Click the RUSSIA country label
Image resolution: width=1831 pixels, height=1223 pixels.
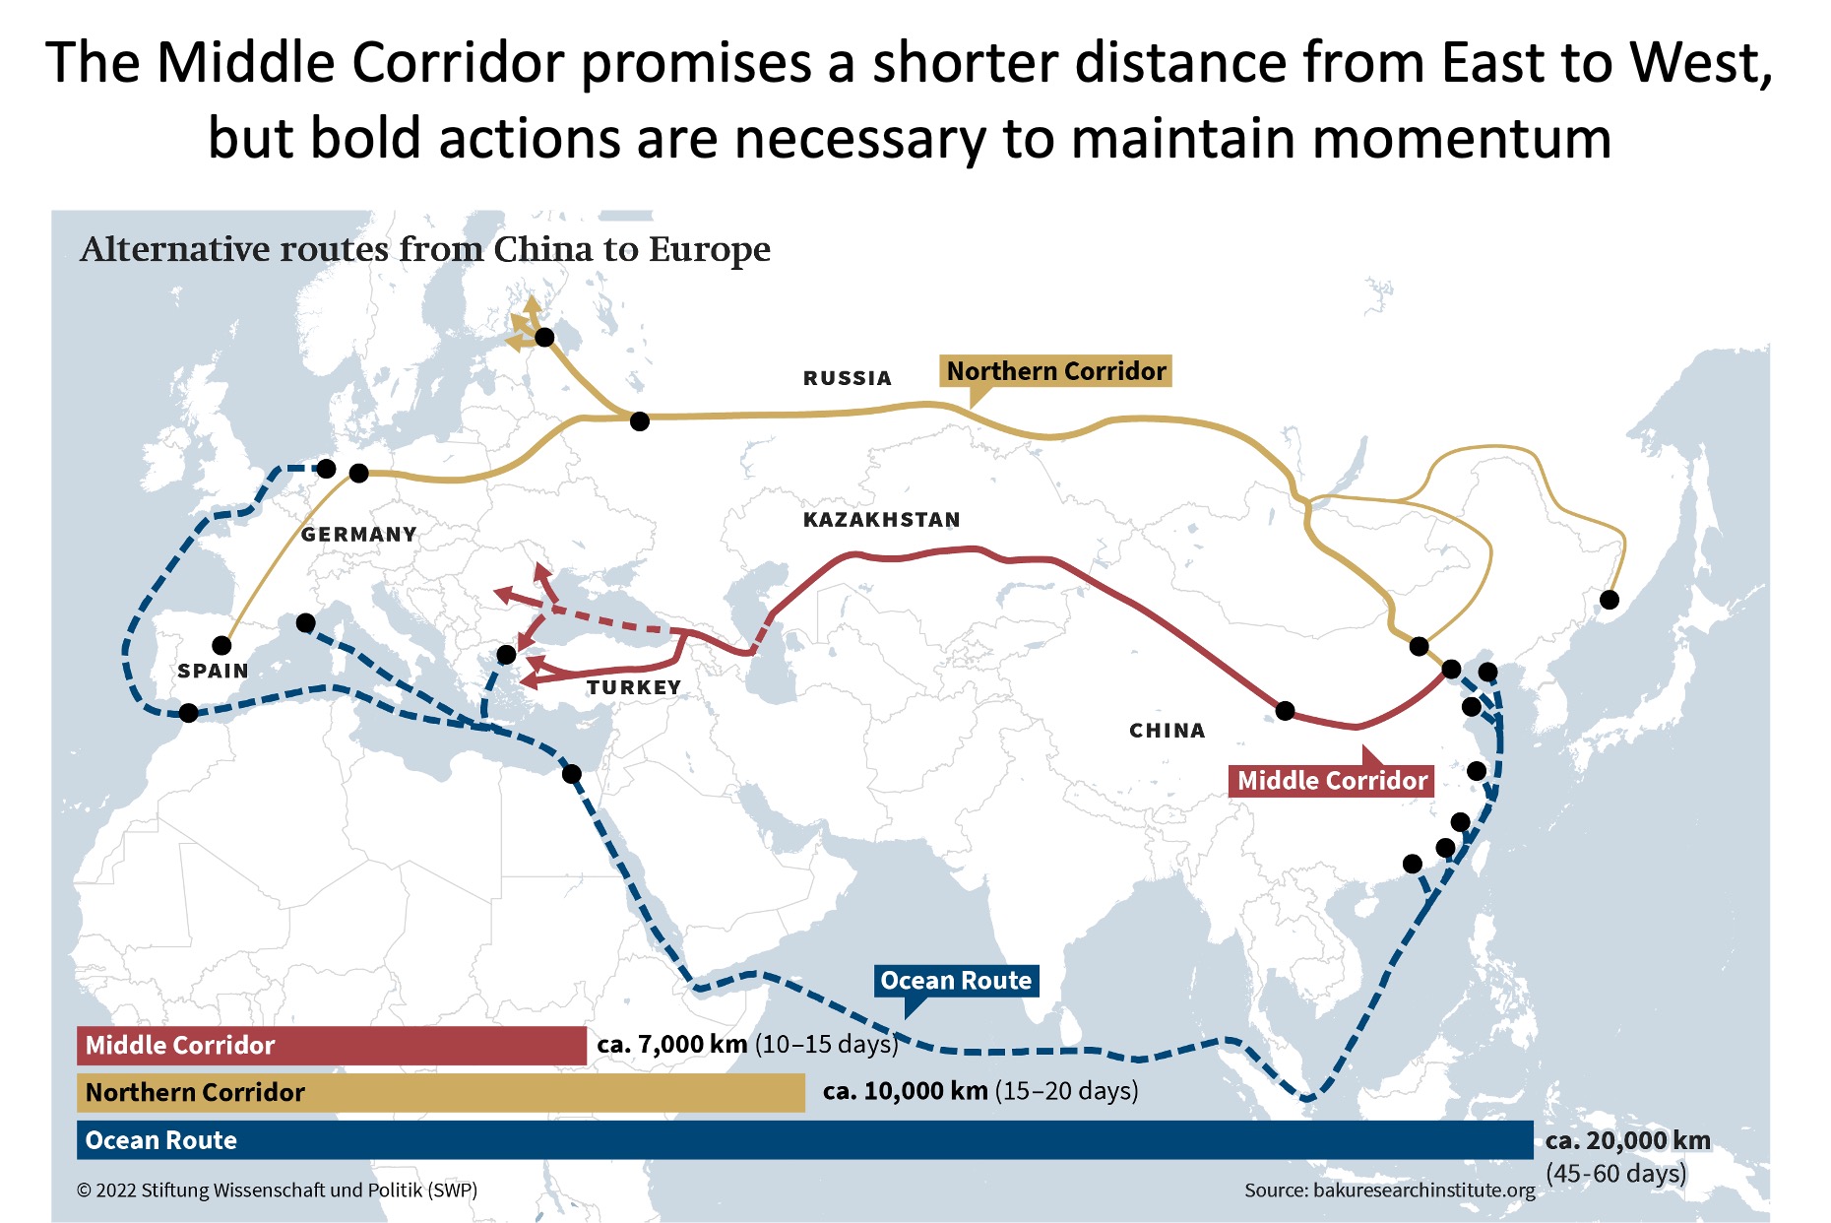click(x=847, y=378)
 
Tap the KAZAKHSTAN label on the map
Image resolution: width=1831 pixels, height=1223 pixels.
click(x=881, y=520)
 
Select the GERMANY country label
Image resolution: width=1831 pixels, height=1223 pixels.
click(x=358, y=535)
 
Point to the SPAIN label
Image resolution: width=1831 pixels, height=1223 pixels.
click(x=213, y=672)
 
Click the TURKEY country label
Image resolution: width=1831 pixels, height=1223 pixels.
click(x=634, y=687)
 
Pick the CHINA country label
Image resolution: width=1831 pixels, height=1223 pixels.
click(x=1167, y=731)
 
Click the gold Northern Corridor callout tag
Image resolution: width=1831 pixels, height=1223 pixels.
click(x=1055, y=371)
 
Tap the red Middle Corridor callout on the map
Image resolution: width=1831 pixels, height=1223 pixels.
click(x=1331, y=781)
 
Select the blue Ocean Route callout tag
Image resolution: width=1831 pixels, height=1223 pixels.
click(x=956, y=981)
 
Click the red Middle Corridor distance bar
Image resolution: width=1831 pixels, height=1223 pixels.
click(x=332, y=1045)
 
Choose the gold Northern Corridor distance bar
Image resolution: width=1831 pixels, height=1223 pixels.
click(x=440, y=1092)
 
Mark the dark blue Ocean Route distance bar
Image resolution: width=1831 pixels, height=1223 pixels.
click(x=804, y=1140)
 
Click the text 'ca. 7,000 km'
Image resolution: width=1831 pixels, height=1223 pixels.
click(x=672, y=1044)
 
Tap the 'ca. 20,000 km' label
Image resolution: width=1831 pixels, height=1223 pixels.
click(x=1627, y=1141)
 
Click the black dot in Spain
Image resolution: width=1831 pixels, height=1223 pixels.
click(x=221, y=646)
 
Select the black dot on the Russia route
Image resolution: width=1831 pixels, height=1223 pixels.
click(x=640, y=421)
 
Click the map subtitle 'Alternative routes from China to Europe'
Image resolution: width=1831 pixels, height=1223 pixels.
click(x=425, y=250)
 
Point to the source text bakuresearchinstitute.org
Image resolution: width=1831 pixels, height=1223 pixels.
click(x=1389, y=1191)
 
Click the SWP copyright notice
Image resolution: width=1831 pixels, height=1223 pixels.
click(x=277, y=1191)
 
